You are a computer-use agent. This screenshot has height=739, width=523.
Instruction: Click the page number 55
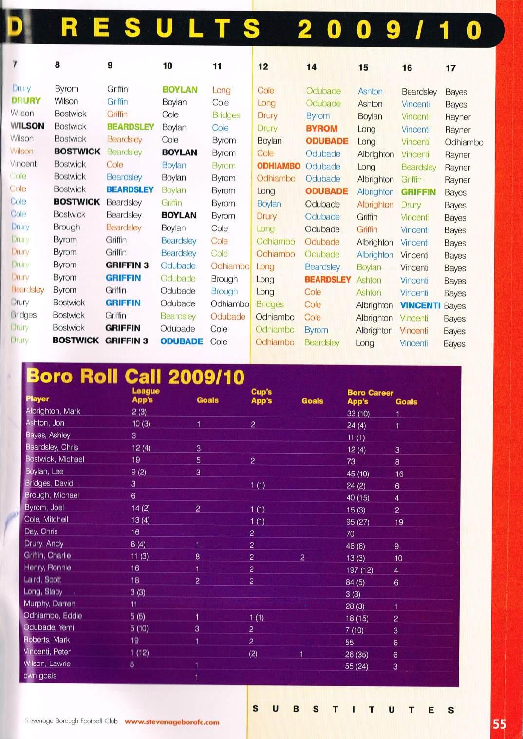[x=499, y=724]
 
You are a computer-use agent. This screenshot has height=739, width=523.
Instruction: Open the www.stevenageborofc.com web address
[x=172, y=722]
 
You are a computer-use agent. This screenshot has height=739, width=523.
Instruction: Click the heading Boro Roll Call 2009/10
[x=135, y=377]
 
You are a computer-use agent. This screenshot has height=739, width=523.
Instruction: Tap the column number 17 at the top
[x=450, y=68]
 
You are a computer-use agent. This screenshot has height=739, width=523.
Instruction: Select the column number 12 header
[x=263, y=67]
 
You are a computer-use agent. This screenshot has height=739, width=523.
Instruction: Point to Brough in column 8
[x=66, y=227]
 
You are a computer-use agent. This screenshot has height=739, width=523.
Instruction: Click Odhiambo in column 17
[x=464, y=142]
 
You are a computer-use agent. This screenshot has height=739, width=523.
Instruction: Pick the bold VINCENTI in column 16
[x=420, y=305]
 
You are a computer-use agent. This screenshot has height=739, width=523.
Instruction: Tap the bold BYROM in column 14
[x=321, y=129]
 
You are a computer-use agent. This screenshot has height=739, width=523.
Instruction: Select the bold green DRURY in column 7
[x=26, y=101]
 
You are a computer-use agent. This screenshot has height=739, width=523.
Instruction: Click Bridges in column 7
[x=23, y=315]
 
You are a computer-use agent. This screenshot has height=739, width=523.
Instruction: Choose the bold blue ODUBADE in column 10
[x=181, y=341]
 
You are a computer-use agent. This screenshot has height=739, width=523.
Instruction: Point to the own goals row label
[x=40, y=676]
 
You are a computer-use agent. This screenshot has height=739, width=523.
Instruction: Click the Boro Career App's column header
[x=370, y=397]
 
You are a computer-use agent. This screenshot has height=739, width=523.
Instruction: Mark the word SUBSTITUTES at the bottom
[x=353, y=709]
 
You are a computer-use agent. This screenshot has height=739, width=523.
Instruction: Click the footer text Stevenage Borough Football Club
[x=71, y=721]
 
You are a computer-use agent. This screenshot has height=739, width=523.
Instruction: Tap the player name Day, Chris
[x=41, y=531]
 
